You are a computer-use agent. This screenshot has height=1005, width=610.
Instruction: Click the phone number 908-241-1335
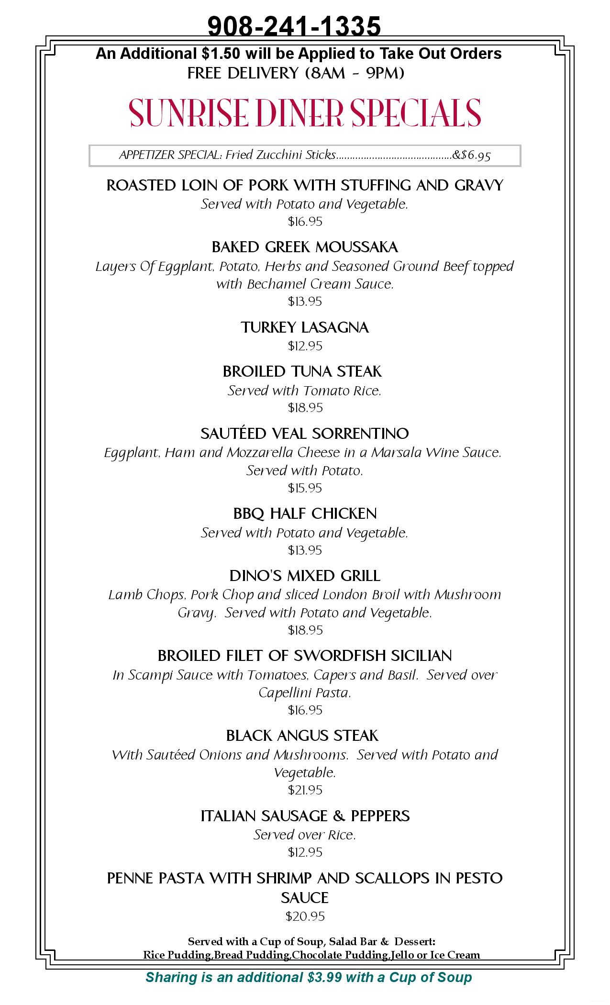coord(294,26)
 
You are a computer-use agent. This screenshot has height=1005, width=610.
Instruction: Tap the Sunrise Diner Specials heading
coord(305,113)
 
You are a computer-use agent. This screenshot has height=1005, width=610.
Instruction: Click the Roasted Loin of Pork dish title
coord(305,185)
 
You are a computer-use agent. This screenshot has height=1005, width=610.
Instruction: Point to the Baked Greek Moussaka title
coord(305,247)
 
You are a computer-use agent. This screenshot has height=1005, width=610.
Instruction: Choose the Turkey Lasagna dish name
coord(305,328)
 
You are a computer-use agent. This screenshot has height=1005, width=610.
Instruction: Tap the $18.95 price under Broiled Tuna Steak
coord(305,408)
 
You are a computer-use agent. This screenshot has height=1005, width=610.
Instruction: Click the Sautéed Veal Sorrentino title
coord(305,434)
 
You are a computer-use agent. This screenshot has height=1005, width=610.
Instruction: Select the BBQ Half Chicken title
coord(305,514)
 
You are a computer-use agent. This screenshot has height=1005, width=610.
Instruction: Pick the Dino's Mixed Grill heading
coord(305,576)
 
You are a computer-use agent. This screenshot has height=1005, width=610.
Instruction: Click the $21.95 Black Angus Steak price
coord(305,790)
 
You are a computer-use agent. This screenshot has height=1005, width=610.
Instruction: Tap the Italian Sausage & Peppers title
coord(305,816)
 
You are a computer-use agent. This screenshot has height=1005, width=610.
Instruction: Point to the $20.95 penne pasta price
coord(305,916)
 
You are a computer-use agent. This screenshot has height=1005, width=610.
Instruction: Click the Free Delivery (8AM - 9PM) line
coord(296,73)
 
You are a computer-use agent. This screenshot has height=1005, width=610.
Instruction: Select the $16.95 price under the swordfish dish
coord(305,710)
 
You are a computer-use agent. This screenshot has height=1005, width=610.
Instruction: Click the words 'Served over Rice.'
coord(305,835)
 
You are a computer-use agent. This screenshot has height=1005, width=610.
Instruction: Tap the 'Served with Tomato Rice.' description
coord(305,391)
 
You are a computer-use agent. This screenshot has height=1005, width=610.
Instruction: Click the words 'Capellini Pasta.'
coord(305,693)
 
